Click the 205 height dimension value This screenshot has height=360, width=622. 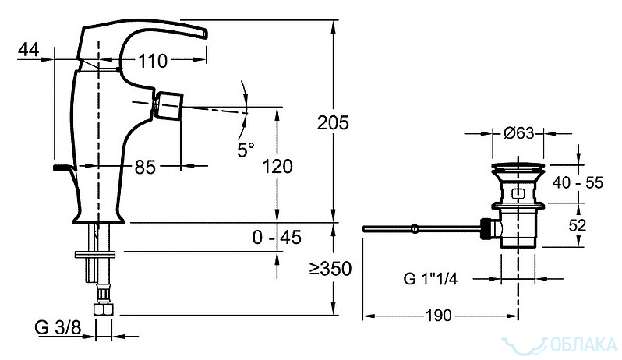point(333,123)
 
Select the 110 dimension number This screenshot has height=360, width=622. point(153,61)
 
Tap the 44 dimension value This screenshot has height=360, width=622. point(29,50)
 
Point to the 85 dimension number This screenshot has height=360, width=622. point(145,167)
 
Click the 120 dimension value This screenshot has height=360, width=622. point(277,167)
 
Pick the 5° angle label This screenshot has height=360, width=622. point(246,150)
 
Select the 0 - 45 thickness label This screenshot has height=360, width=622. point(277,238)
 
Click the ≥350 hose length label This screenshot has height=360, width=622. point(330,269)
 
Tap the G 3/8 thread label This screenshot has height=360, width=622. point(58,327)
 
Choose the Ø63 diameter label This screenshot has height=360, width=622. point(519,133)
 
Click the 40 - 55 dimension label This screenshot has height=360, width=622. point(578,183)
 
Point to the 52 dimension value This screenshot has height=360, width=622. point(577,225)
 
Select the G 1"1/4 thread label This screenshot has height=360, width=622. point(430,279)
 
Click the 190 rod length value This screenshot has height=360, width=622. point(439,316)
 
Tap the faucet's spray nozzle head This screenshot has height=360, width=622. point(169,105)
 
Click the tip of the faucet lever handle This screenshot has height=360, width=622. point(206,34)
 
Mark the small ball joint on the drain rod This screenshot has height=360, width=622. point(414,228)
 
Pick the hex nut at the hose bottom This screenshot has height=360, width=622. point(103,309)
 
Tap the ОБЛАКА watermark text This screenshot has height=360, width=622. point(584,344)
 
